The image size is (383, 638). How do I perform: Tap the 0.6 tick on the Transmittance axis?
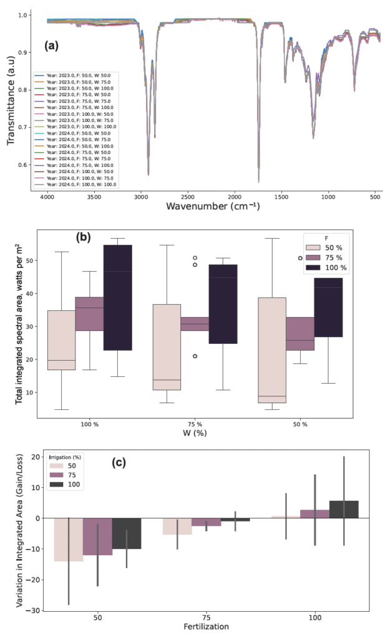coord(23,165)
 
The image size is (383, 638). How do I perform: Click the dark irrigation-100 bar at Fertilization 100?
coord(344,509)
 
